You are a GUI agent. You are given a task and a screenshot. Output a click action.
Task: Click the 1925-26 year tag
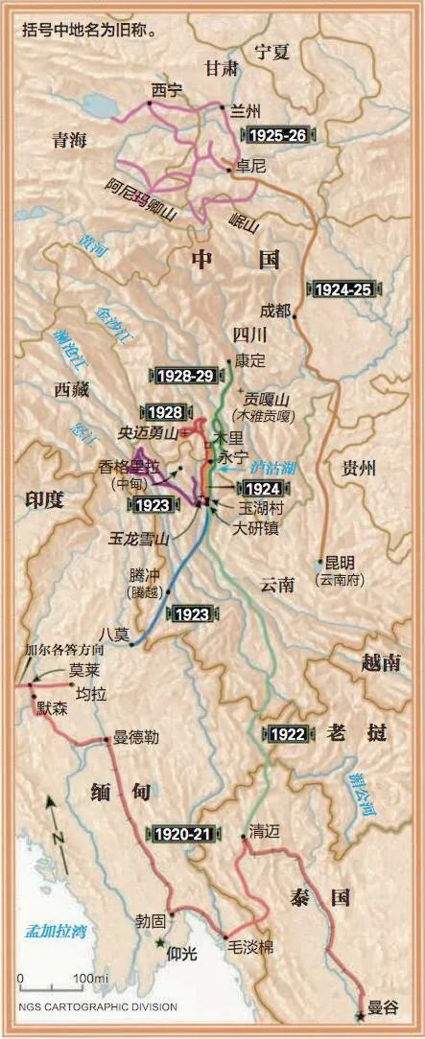coord(276,135)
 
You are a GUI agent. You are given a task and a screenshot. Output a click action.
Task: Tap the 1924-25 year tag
coord(342,286)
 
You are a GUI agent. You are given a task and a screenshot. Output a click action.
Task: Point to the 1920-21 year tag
coord(183,834)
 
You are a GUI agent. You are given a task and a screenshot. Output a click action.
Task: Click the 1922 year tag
coord(288,734)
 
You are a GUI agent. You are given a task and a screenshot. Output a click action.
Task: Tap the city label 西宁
coord(166,90)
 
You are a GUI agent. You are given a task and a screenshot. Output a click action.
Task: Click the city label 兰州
coord(247,111)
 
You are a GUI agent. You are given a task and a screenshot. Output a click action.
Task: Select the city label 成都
coord(273,311)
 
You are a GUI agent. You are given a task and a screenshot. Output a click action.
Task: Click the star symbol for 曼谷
coord(360,1014)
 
